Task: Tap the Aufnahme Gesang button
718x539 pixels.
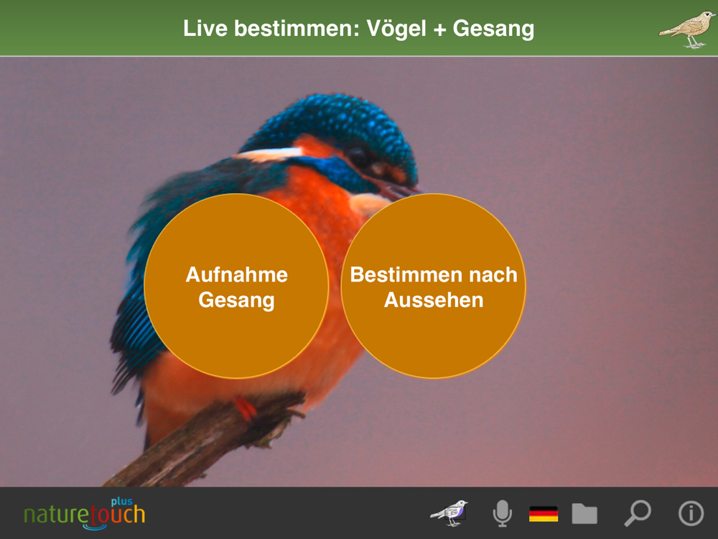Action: [236, 286]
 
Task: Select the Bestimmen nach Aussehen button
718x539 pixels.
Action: [434, 286]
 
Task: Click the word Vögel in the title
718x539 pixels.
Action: [396, 29]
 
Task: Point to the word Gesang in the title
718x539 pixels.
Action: [493, 29]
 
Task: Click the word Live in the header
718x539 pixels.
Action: [205, 29]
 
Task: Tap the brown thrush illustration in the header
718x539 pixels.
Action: [687, 29]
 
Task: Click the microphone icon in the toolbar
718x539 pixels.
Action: [503, 513]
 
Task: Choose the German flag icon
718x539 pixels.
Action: [544, 514]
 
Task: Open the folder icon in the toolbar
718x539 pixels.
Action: [584, 513]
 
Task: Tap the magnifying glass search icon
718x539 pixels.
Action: [638, 513]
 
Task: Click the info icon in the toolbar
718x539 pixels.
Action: [691, 513]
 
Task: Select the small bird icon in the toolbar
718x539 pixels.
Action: [449, 513]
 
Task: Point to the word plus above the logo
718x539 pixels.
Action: [122, 502]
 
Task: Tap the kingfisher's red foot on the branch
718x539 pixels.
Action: [246, 410]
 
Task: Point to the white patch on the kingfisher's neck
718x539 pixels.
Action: [267, 154]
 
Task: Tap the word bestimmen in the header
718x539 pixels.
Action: [297, 29]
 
